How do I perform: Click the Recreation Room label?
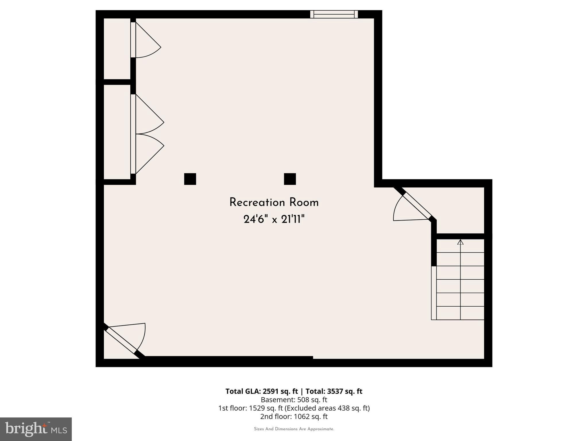(274, 203)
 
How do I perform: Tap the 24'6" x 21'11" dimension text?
(274, 220)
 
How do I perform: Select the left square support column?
(190, 179)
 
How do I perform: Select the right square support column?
(290, 179)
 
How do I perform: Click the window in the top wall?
(334, 14)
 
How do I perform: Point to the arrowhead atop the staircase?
(460, 242)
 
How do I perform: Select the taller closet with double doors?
(117, 132)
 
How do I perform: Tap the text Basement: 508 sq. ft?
(294, 400)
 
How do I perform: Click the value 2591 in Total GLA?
(270, 391)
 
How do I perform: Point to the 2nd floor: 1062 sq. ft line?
(294, 416)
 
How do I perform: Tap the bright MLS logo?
(36, 429)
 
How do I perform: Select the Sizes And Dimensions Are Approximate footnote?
(294, 429)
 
